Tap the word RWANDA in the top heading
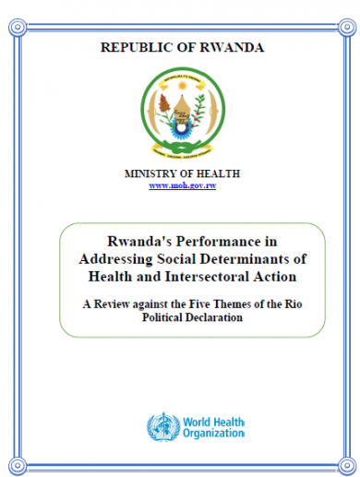point(232,47)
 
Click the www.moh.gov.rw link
point(183,185)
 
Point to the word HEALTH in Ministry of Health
point(218,173)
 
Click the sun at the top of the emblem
point(183,85)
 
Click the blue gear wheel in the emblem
point(181,129)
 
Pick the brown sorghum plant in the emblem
point(164,103)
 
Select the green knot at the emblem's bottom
point(182,148)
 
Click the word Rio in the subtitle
point(294,304)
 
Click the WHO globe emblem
point(163,427)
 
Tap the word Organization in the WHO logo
point(213,434)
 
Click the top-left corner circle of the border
point(18,27)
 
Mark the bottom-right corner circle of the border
point(347,466)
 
